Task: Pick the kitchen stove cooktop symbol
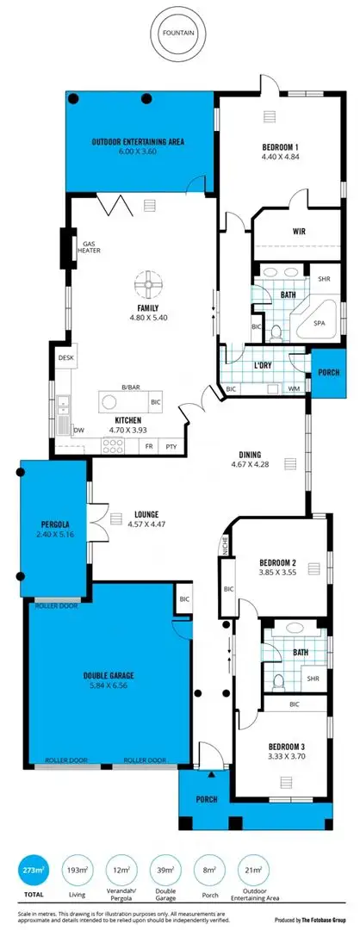(114, 445)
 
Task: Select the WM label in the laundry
(294, 390)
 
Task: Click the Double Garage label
(96, 675)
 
